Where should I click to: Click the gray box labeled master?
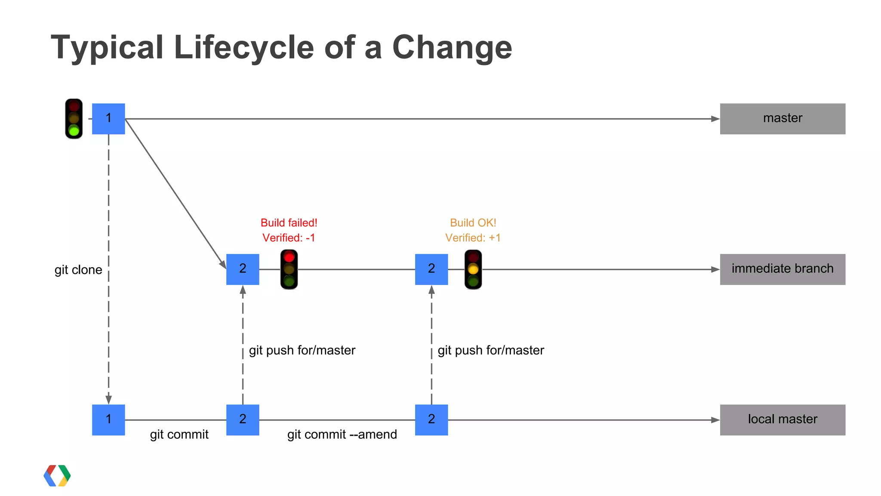pyautogui.click(x=782, y=118)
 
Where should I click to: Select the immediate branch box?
pyautogui.click(x=782, y=269)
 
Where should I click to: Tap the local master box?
pyautogui.click(x=782, y=419)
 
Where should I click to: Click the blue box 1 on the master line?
pyautogui.click(x=108, y=118)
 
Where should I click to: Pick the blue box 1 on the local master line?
pyautogui.click(x=108, y=419)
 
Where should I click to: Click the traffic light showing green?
pyautogui.click(x=74, y=119)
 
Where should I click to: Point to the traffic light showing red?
pyautogui.click(x=289, y=269)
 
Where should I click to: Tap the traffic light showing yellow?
pyautogui.click(x=473, y=269)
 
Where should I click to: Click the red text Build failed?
pyautogui.click(x=289, y=223)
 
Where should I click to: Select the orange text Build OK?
pyautogui.click(x=473, y=223)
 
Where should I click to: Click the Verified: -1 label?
pyautogui.click(x=289, y=238)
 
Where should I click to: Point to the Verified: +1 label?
pyautogui.click(x=473, y=238)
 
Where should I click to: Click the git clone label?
pyautogui.click(x=78, y=270)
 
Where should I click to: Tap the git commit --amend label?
pyautogui.click(x=342, y=434)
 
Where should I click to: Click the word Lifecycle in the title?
pyautogui.click(x=244, y=47)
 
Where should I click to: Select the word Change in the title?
pyautogui.click(x=452, y=47)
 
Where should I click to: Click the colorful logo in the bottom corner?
pyautogui.click(x=57, y=475)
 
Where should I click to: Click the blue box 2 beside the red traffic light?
pyautogui.click(x=243, y=269)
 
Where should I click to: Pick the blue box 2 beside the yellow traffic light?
pyautogui.click(x=431, y=269)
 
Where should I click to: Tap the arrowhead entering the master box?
pyautogui.click(x=715, y=119)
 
